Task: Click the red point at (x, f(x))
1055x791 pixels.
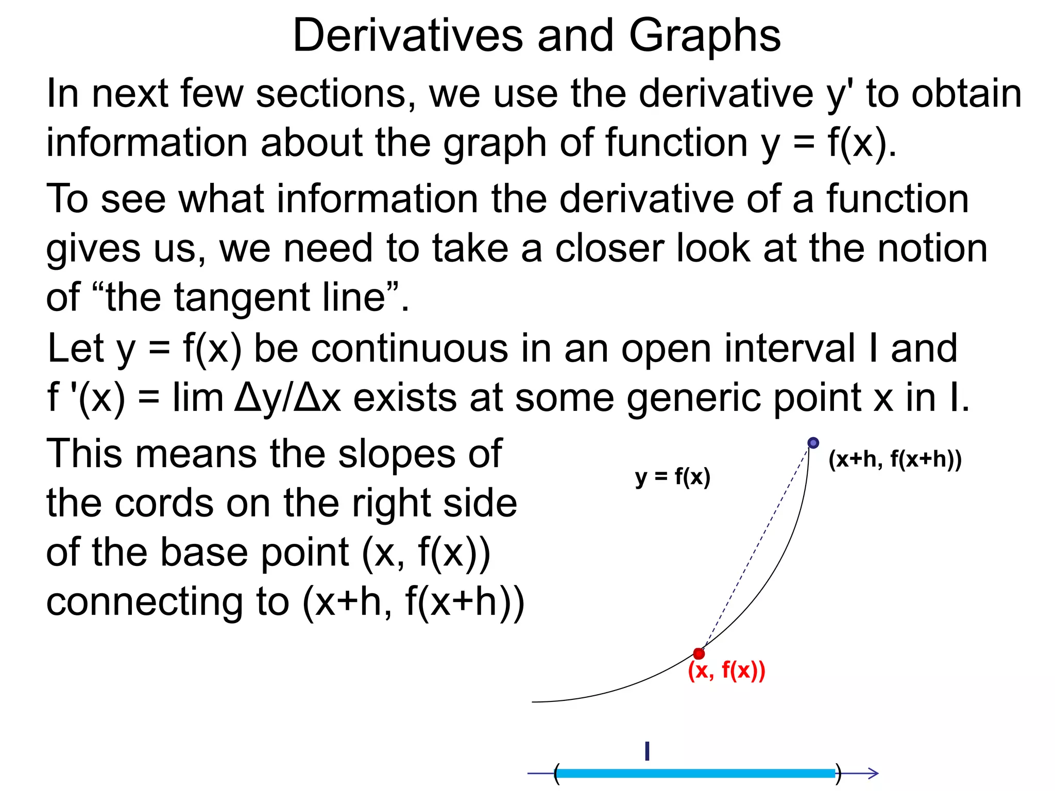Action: click(x=699, y=654)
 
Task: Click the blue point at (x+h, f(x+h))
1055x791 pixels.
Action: click(x=813, y=443)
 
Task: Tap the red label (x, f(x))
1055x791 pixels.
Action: click(x=726, y=670)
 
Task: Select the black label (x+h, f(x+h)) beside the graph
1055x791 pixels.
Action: click(x=895, y=459)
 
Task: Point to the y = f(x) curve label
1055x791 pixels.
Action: click(x=672, y=477)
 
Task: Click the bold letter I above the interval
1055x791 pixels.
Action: click(x=647, y=751)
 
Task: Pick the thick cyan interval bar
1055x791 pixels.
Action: click(x=695, y=773)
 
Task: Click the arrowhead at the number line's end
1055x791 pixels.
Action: click(x=873, y=773)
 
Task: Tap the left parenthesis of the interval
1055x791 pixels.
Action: click(x=556, y=773)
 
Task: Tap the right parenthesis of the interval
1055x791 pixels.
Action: click(x=838, y=773)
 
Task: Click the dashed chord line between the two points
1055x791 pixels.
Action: click(x=756, y=548)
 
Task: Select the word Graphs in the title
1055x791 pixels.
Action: click(x=704, y=36)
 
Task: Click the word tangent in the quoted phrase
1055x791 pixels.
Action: click(x=244, y=298)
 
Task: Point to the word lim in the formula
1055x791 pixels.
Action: click(x=197, y=398)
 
